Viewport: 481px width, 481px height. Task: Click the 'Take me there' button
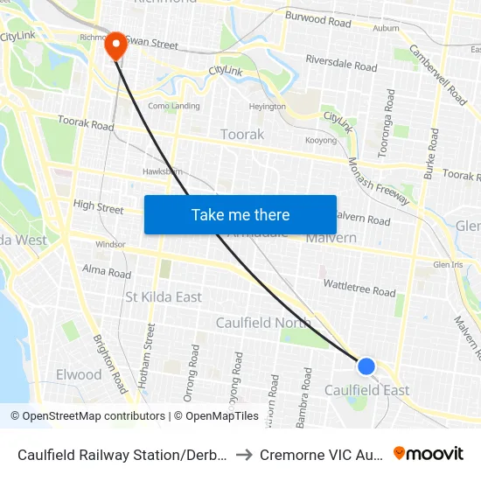pyautogui.click(x=240, y=214)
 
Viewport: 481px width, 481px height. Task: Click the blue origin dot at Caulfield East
pyautogui.click(x=366, y=366)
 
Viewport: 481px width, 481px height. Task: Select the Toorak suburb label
pyautogui.click(x=242, y=134)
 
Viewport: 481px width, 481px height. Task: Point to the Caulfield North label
pyautogui.click(x=263, y=323)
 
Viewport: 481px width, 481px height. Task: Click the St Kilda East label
pyautogui.click(x=164, y=296)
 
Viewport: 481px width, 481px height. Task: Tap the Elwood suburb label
pyautogui.click(x=79, y=374)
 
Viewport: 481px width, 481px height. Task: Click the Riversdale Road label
pyautogui.click(x=341, y=63)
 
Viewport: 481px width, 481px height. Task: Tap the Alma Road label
pyautogui.click(x=106, y=272)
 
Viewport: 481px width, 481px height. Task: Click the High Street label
pyautogui.click(x=99, y=207)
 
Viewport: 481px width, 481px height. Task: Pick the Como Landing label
pyautogui.click(x=173, y=107)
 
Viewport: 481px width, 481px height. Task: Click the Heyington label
pyautogui.click(x=267, y=107)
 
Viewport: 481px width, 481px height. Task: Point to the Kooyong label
pyautogui.click(x=321, y=140)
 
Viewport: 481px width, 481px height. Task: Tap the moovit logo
pyautogui.click(x=429, y=453)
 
